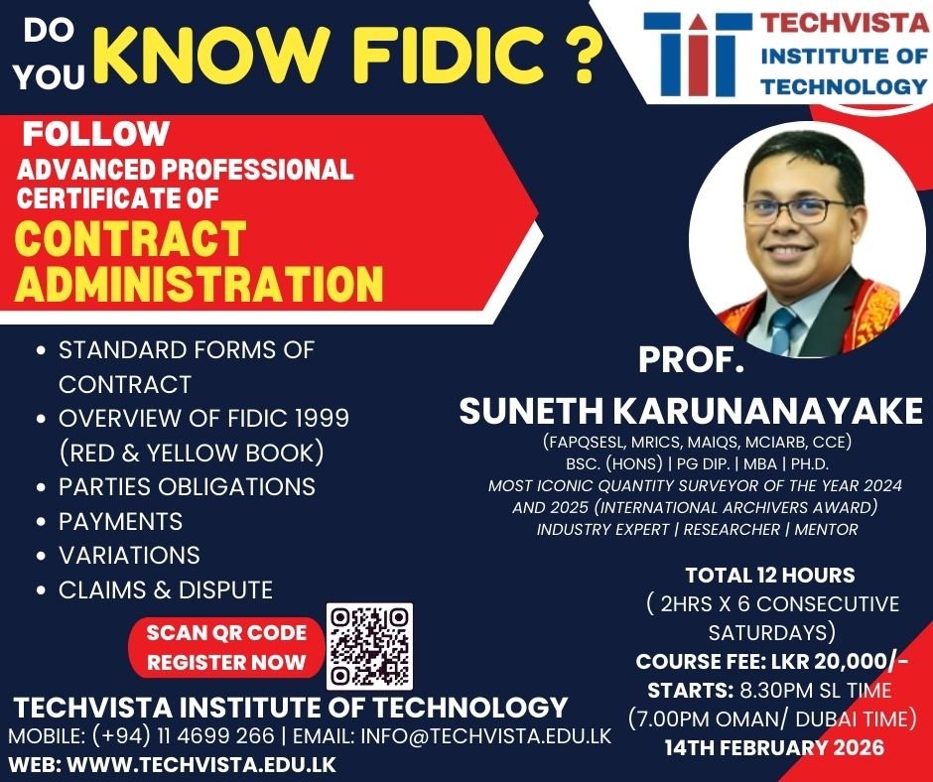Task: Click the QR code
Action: point(369,646)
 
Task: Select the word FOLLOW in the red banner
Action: point(96,133)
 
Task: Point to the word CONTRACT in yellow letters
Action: point(130,238)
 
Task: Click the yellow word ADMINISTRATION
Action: point(199,283)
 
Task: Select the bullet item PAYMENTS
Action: point(120,521)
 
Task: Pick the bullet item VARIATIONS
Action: point(129,556)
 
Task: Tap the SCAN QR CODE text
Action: point(226,632)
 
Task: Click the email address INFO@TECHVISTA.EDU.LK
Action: point(485,736)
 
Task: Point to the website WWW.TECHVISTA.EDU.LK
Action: point(201,764)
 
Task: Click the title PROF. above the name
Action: point(691,359)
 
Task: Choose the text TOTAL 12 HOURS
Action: point(770,576)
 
